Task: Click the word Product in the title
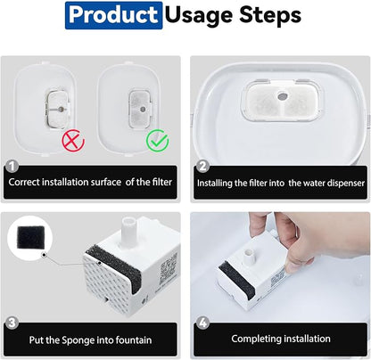113,15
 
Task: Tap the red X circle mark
73,141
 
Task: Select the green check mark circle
158,141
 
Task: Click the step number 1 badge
12,167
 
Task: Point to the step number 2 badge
202,167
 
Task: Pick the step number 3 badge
12,323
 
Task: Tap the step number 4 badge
202,323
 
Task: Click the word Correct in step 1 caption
24,182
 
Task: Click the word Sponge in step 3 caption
78,340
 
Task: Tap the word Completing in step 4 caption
256,339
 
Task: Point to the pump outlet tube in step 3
129,231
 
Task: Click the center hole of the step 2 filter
283,96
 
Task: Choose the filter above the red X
58,110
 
